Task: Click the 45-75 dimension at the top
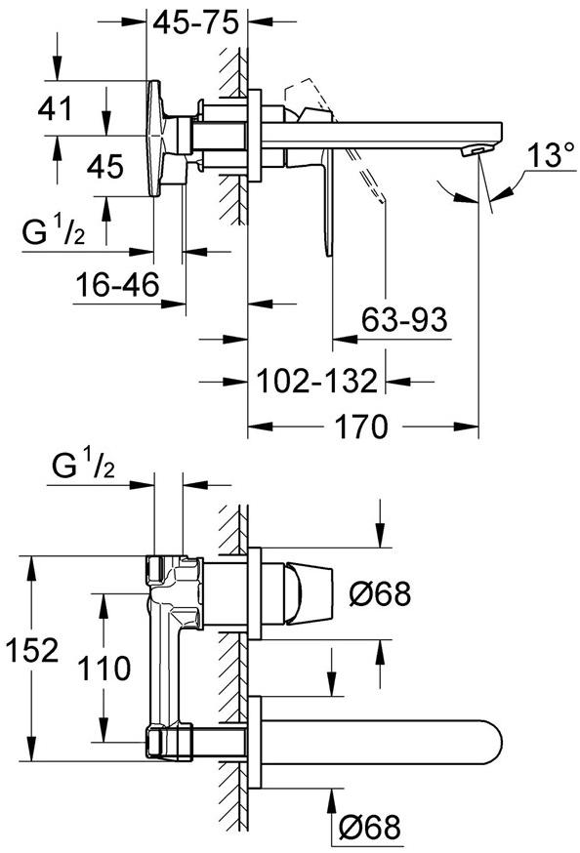199,24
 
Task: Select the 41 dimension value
56,108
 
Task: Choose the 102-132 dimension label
317,381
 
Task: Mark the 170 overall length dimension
363,426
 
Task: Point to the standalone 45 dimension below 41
104,167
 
